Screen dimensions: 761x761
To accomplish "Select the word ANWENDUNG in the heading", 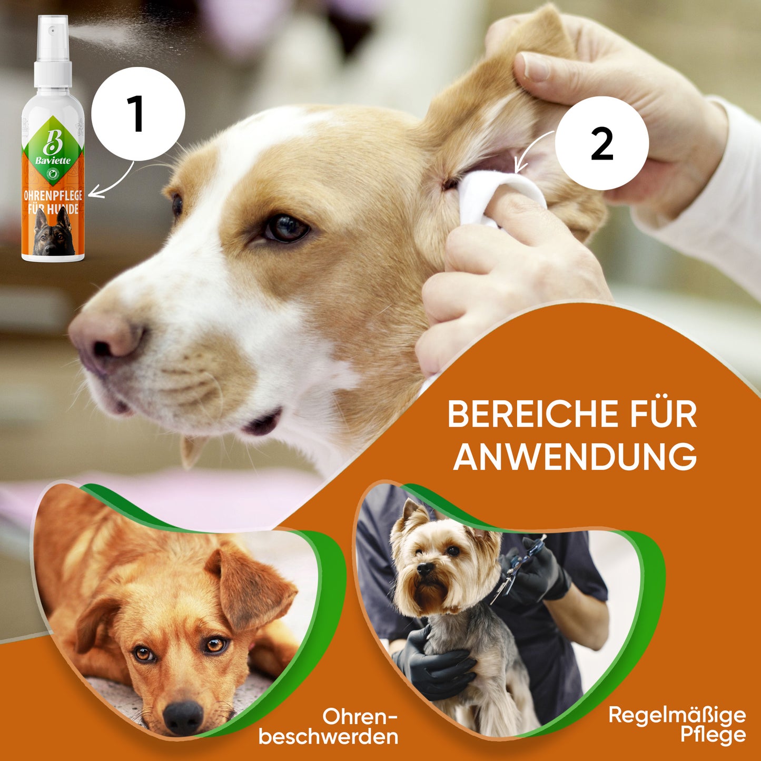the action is pyautogui.click(x=574, y=456).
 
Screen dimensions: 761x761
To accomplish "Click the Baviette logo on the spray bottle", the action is pyautogui.click(x=53, y=147).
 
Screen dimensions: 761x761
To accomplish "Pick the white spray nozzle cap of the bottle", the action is pyautogui.click(x=53, y=51).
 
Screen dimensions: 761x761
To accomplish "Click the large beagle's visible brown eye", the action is pyautogui.click(x=286, y=228).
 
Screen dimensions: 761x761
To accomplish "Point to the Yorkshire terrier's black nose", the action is pyautogui.click(x=426, y=569).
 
